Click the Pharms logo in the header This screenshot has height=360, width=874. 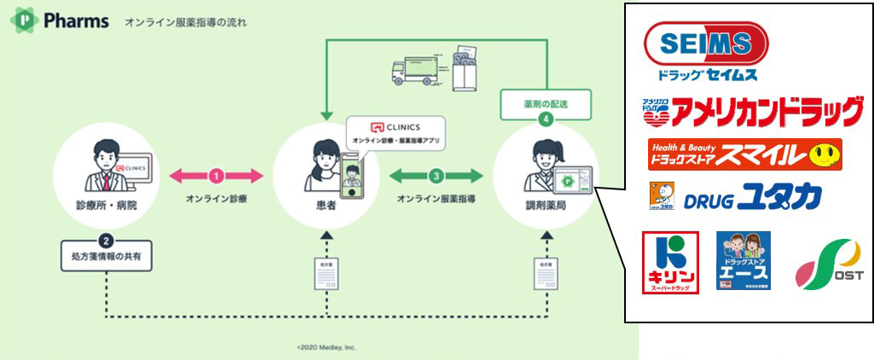(x=60, y=20)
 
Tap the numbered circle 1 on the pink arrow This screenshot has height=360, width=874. (x=216, y=176)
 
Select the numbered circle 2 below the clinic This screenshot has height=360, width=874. (x=107, y=240)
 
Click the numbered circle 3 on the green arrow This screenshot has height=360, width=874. (x=436, y=176)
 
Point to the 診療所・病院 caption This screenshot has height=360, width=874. (x=107, y=207)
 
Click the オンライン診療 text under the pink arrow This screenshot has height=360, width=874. (x=217, y=199)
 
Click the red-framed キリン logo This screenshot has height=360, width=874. (x=670, y=261)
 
